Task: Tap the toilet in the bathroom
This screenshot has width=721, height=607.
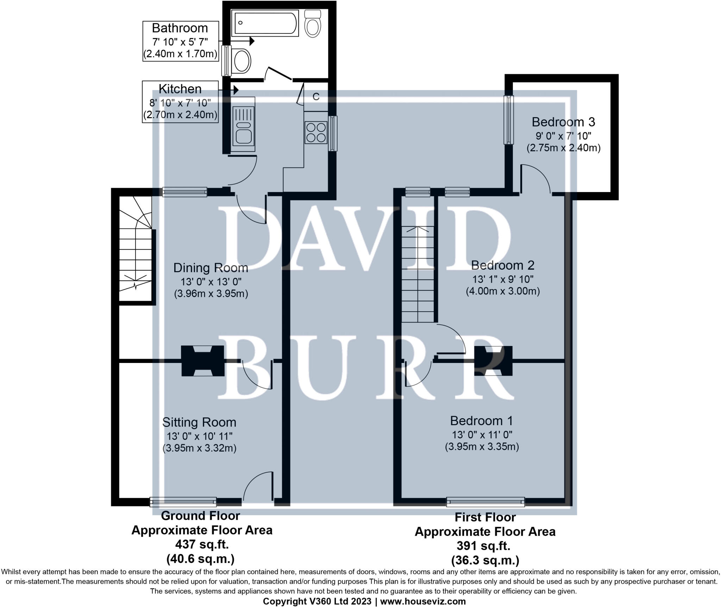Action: point(312,24)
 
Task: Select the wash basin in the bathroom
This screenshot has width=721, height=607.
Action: point(242,61)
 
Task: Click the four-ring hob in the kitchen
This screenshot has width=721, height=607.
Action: point(316,132)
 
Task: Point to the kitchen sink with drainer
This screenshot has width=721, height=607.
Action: point(243,124)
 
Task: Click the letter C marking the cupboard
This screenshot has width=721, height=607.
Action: point(316,97)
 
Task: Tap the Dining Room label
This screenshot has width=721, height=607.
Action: point(211,268)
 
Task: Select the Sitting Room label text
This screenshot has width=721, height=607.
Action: point(199,422)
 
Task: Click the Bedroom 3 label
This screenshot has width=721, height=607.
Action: point(563,122)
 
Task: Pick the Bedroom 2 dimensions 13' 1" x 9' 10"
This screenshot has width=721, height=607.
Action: point(503,279)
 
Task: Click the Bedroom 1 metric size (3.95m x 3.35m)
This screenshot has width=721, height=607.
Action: point(482,447)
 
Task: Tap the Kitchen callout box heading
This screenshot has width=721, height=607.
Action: point(180,89)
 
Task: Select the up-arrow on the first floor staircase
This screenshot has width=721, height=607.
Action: point(418,229)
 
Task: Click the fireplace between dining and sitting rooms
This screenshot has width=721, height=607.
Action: point(202,361)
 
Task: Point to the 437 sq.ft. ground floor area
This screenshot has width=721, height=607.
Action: point(202,544)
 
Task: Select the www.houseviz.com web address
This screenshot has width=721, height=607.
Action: point(423,601)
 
